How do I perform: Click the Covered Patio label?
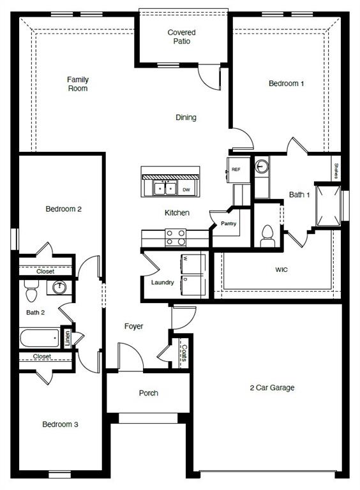click(x=181, y=37)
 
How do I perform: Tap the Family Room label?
click(x=78, y=84)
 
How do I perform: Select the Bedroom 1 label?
click(x=286, y=84)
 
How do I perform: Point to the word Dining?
click(x=186, y=117)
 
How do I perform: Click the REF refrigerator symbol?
click(x=236, y=169)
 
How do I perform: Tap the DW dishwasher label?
click(x=186, y=189)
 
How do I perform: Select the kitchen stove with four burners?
click(x=176, y=237)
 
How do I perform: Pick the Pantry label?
click(x=229, y=224)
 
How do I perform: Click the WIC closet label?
click(x=281, y=270)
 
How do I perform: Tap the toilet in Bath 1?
click(x=267, y=235)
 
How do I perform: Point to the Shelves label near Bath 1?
click(x=336, y=171)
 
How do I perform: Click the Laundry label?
click(x=163, y=282)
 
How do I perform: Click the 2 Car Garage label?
click(x=272, y=387)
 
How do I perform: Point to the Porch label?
click(x=148, y=393)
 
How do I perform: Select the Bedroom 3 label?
click(x=61, y=424)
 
